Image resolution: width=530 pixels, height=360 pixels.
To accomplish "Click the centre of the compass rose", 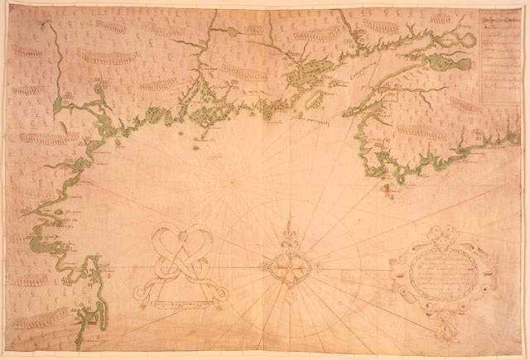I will point(286,266).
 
